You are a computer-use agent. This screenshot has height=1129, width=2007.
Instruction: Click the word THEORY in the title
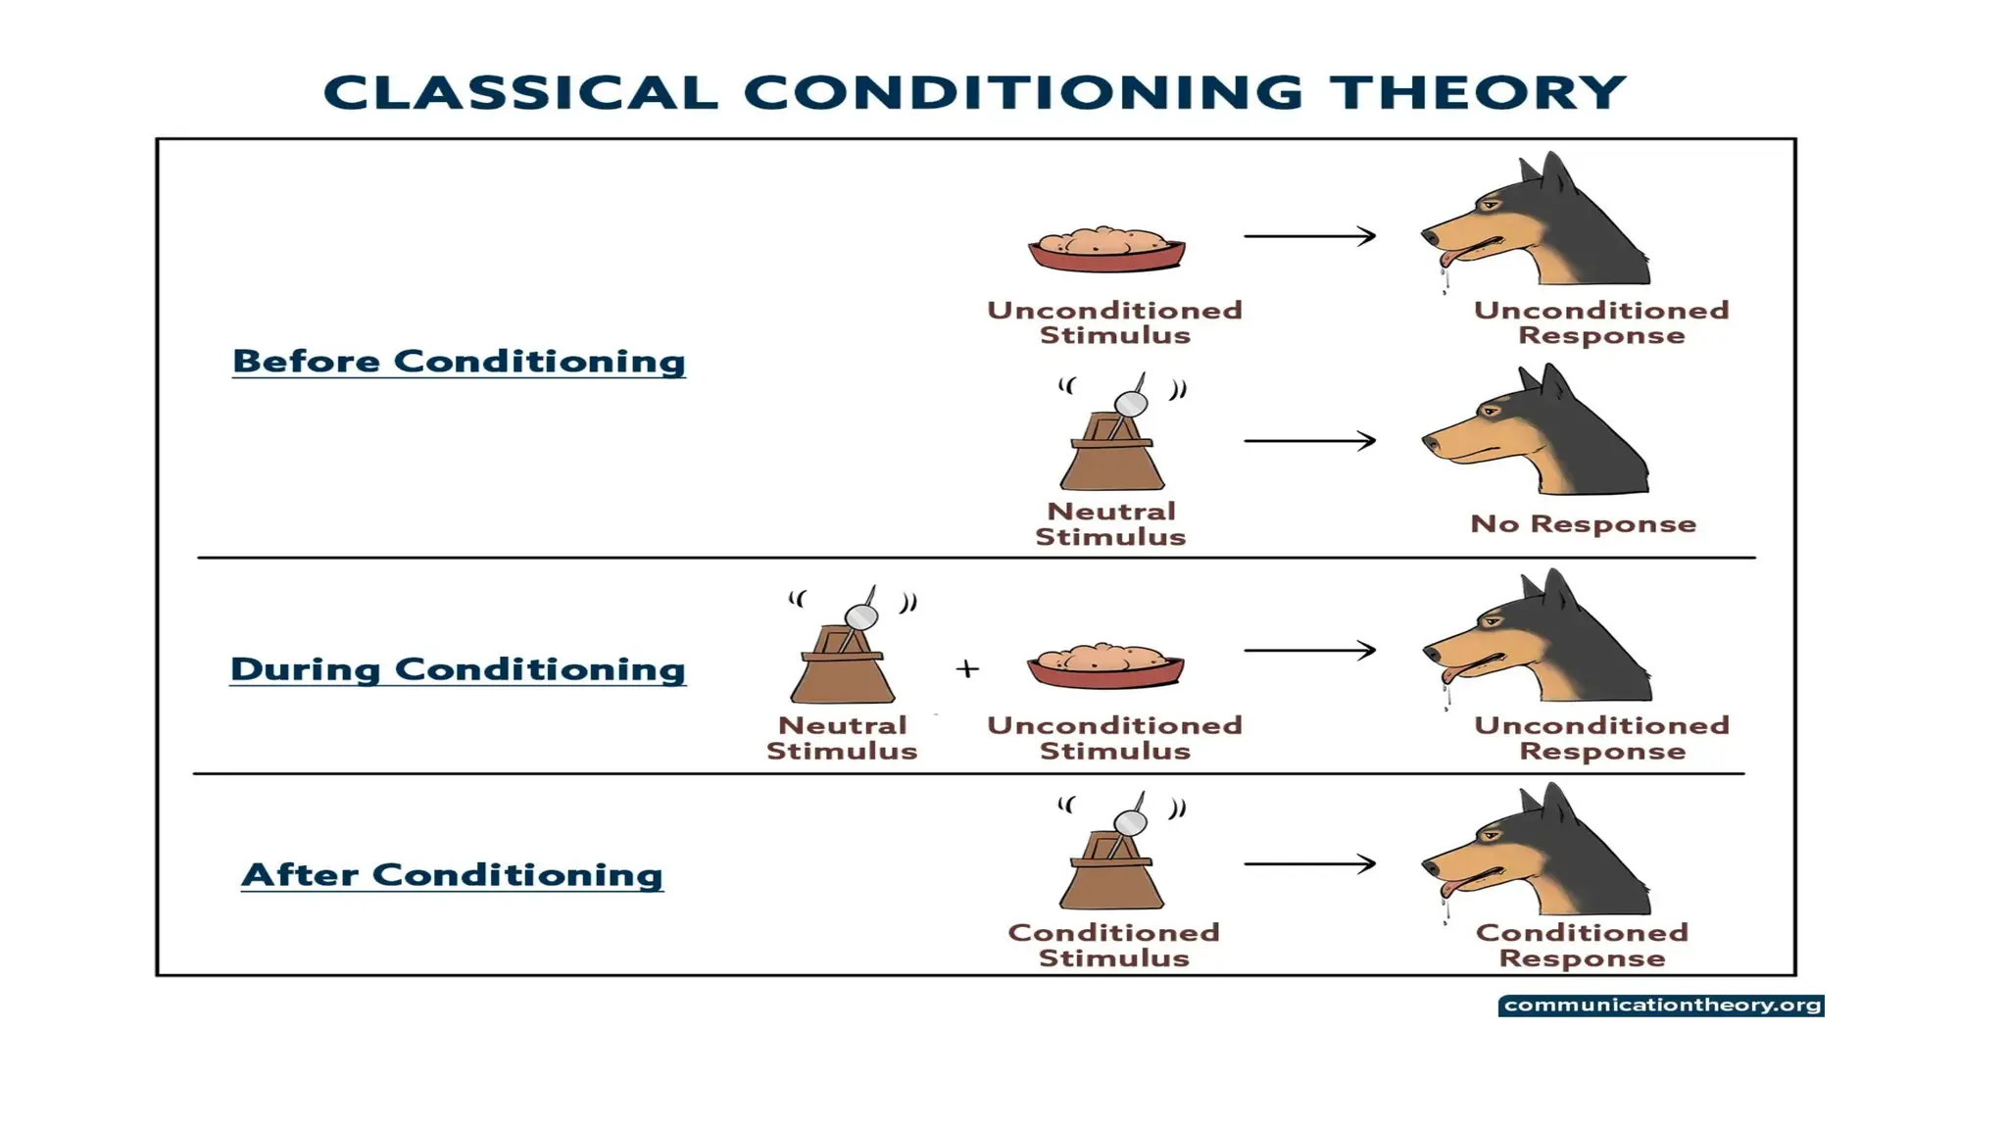tap(1477, 93)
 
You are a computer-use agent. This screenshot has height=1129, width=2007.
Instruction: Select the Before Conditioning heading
tap(459, 361)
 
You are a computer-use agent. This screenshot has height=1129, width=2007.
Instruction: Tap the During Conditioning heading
tap(458, 668)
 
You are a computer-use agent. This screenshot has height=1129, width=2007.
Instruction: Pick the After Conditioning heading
tap(452, 874)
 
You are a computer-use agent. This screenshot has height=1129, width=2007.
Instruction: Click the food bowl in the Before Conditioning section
tap(1106, 249)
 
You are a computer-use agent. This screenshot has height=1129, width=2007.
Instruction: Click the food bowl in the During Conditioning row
tap(1105, 665)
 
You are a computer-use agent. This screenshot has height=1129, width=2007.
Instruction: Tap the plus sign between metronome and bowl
tap(967, 668)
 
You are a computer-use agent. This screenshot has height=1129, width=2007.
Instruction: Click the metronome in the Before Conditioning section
tap(1112, 441)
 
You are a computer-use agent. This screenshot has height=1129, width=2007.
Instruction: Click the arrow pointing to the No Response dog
tap(1309, 441)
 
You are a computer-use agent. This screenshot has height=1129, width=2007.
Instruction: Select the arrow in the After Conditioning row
tap(1309, 863)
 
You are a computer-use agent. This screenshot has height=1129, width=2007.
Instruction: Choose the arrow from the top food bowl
tap(1309, 236)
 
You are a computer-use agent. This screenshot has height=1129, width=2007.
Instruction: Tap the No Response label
tap(1583, 523)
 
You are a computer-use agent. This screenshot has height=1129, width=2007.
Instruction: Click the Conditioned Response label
tap(1582, 945)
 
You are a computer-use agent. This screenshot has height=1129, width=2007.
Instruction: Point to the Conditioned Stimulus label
tap(1113, 945)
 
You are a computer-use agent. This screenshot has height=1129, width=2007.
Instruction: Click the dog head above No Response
tap(1539, 436)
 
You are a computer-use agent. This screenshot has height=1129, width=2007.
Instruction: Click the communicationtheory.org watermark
tap(1661, 1006)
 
